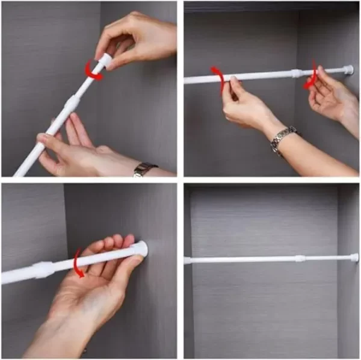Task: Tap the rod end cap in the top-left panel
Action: click(105, 60)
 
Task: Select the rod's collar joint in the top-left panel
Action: click(71, 106)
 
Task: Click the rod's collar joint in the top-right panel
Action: click(297, 73)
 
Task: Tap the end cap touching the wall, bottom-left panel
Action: click(141, 249)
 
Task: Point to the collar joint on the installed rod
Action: click(298, 258)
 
